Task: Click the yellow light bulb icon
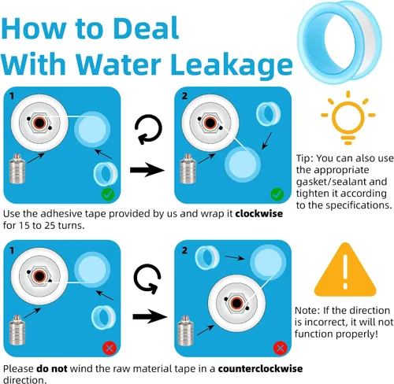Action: (x=348, y=117)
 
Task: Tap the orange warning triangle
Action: (x=345, y=270)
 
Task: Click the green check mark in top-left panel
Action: (x=108, y=194)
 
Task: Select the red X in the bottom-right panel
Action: (x=280, y=348)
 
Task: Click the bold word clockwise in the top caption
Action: (x=259, y=213)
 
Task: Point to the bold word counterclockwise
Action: (x=260, y=368)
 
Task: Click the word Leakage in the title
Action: (x=232, y=64)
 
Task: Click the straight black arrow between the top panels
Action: (x=147, y=170)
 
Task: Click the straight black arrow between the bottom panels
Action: (x=150, y=316)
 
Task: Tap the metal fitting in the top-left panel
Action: (x=17, y=168)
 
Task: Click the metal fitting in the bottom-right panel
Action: (x=186, y=331)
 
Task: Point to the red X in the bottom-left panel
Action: (x=110, y=349)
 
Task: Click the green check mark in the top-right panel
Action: (x=277, y=194)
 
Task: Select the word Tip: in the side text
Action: (x=305, y=159)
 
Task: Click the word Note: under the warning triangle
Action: (x=307, y=311)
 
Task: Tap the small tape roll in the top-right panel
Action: (x=268, y=114)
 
